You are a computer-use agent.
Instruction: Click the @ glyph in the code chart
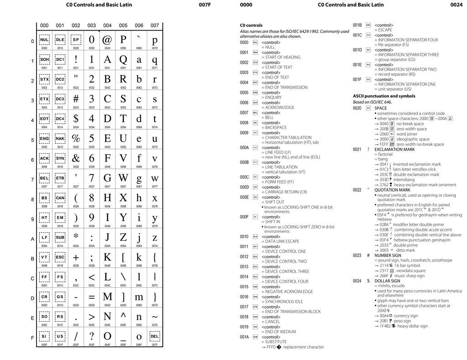(x=107, y=40)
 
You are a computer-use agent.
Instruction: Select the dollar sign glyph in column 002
(x=76, y=119)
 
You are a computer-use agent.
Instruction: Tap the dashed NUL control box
(x=44, y=40)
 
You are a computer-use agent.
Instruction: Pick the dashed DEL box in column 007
(x=155, y=336)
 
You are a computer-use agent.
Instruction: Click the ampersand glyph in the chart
(x=76, y=158)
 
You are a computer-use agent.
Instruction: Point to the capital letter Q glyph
(x=123, y=59)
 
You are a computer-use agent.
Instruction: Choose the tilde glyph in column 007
(x=155, y=316)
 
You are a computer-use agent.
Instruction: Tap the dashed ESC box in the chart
(x=60, y=257)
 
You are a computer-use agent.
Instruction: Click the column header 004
(x=107, y=26)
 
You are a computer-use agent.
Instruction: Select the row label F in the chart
(x=32, y=338)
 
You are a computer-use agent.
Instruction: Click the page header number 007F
(x=205, y=5)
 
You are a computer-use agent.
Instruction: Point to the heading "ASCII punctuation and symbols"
(x=384, y=96)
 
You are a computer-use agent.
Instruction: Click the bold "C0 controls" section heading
(x=251, y=26)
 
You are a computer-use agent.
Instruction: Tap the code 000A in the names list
(x=244, y=148)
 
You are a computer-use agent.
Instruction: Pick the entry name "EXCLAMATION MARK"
(x=394, y=149)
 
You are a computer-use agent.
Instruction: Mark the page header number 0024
(x=456, y=5)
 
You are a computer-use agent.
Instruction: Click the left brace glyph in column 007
(x=155, y=257)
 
